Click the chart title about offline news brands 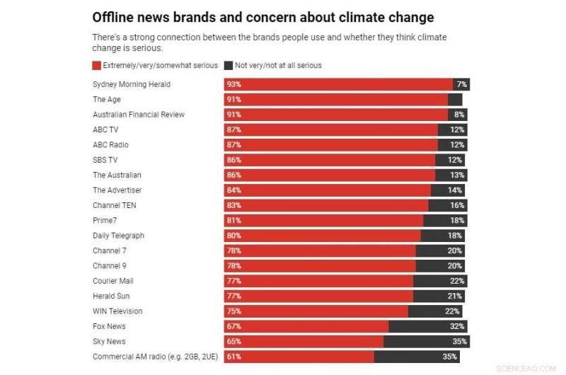click(263, 17)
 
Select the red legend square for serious click(97, 65)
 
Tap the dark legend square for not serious click(229, 65)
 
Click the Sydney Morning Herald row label click(131, 84)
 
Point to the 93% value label click(233, 84)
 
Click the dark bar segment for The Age click(455, 100)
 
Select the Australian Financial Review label click(139, 115)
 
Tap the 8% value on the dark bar click(459, 115)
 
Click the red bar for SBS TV click(330, 160)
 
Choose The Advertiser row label click(117, 190)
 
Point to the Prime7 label click(105, 221)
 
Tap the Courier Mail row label click(112, 281)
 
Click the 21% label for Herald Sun click(455, 296)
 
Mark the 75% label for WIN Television click(233, 311)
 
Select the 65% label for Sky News click(233, 342)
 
